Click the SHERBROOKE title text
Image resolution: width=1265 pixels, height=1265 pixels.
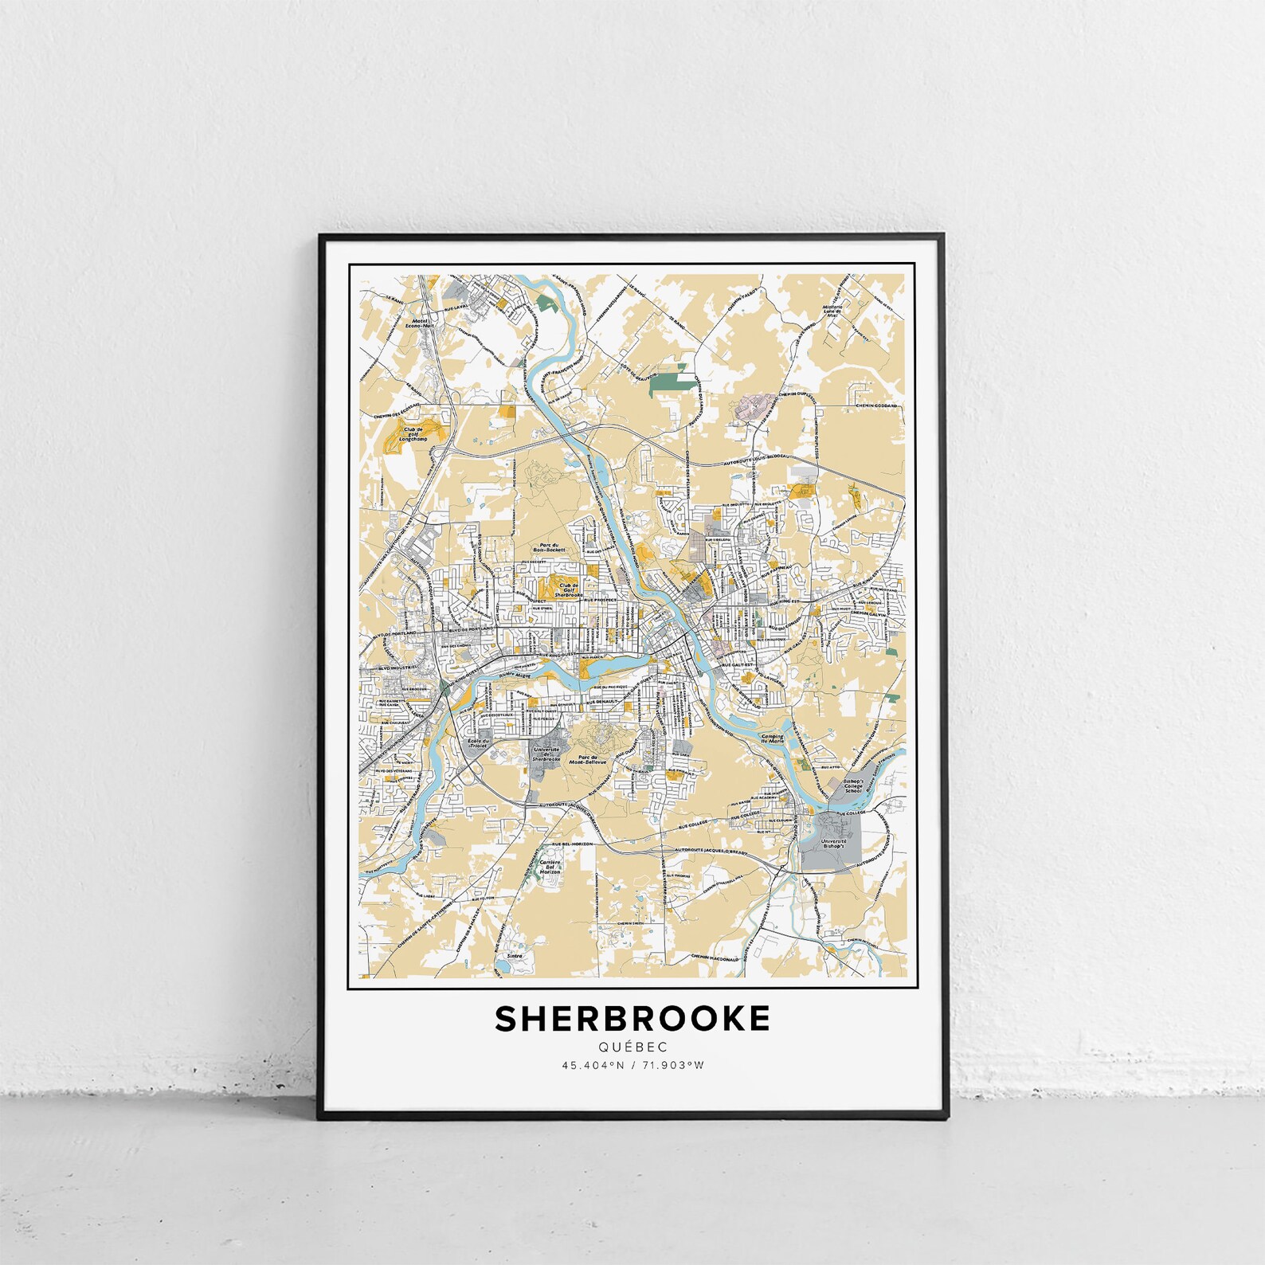(632, 1019)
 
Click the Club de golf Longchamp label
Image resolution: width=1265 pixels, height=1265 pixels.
(413, 433)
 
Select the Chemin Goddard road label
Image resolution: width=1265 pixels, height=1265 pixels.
(876, 405)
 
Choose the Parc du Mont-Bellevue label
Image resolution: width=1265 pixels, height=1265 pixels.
(593, 759)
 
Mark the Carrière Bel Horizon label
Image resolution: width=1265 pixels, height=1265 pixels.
(550, 867)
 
